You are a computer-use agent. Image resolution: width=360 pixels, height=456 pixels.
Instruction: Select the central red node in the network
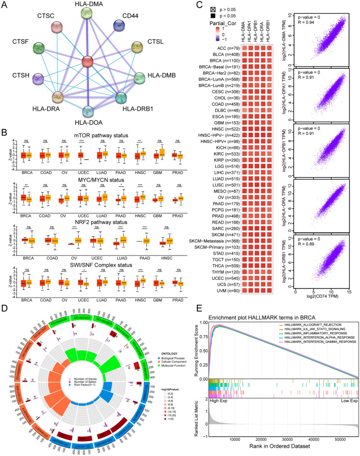coord(87,62)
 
